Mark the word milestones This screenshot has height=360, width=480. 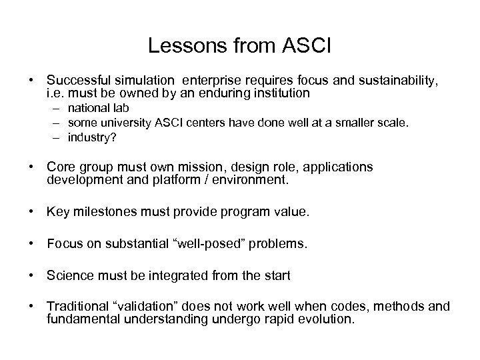[x=101, y=212]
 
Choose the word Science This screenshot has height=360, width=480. [x=70, y=275]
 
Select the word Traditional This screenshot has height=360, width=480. [x=77, y=307]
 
